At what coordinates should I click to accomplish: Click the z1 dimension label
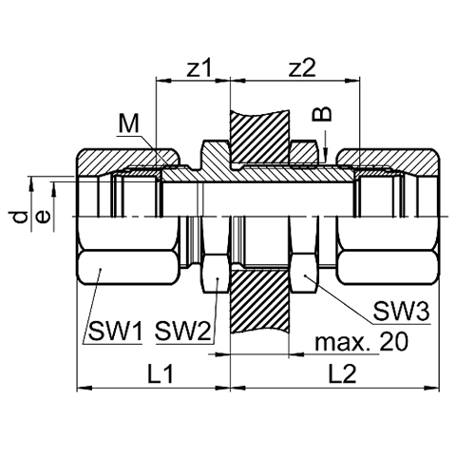point(199,68)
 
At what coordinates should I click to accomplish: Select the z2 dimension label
point(302,68)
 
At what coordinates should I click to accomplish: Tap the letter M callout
point(129,123)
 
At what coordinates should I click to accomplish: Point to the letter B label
point(322,114)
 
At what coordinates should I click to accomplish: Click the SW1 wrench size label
point(115,331)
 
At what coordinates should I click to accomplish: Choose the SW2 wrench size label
point(182,331)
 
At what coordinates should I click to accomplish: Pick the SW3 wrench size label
point(401,312)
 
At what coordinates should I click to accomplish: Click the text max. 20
point(361,342)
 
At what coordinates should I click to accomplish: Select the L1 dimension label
point(161,373)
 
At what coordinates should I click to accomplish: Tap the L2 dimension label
point(342,373)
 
